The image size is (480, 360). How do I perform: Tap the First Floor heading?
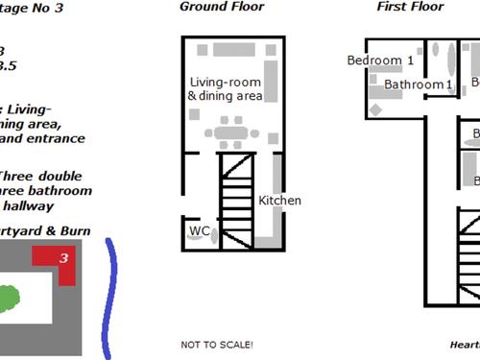[410, 7]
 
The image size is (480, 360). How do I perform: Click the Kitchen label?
[279, 201]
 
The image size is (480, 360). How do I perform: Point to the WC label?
[200, 231]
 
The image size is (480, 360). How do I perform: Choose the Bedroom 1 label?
[380, 60]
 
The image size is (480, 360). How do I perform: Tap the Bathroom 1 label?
[419, 84]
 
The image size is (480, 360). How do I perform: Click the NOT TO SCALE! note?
[217, 344]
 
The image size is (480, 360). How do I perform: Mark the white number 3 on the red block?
[63, 257]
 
